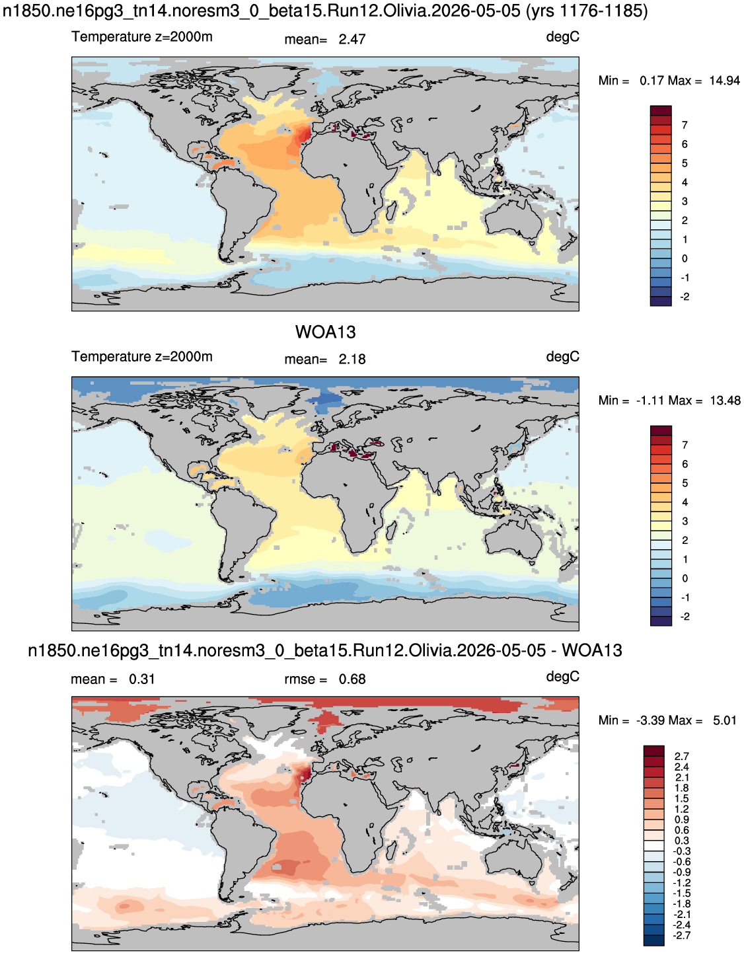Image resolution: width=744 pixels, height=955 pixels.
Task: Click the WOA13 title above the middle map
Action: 325,332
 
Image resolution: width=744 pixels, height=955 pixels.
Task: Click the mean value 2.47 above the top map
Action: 352,40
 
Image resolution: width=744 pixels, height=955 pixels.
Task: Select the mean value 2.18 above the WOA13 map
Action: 352,360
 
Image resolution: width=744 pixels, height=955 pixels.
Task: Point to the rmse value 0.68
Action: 352,679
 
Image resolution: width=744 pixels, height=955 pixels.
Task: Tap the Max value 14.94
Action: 724,81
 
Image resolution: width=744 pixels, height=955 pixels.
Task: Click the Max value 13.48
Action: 725,401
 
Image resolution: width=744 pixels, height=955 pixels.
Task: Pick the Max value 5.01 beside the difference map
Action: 724,721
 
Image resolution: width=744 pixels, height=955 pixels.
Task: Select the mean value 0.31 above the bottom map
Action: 142,679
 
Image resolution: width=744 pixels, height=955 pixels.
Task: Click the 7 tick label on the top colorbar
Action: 685,126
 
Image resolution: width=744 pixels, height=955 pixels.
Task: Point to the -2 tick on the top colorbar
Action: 685,297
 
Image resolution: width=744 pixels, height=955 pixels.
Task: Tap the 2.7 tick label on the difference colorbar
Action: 682,756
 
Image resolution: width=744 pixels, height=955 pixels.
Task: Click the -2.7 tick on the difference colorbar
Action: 681,935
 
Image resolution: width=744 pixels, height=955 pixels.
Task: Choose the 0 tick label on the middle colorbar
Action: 685,579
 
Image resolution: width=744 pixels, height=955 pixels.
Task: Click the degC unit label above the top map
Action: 562,38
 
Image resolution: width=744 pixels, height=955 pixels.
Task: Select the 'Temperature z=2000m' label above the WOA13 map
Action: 142,356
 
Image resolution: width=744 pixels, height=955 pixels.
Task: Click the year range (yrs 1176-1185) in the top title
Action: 586,11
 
